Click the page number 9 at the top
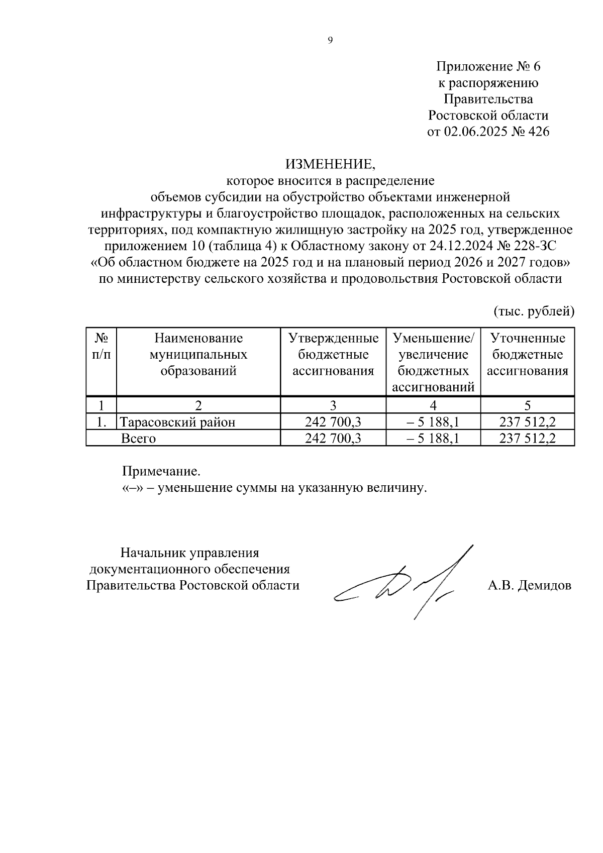pos(330,41)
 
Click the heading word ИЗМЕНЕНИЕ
pos(330,164)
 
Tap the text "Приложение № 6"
pos(488,66)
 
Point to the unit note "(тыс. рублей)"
pos(534,311)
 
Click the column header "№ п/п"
pos(101,346)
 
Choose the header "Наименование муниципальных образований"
pos(198,355)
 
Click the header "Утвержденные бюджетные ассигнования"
pos(333,355)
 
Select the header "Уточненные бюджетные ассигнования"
pos(528,355)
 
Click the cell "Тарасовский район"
pos(178,422)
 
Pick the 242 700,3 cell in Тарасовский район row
pos(333,422)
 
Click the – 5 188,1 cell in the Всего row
pos(433,439)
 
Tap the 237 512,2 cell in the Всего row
pos(528,439)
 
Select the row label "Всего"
pos(139,439)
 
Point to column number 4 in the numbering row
pos(433,405)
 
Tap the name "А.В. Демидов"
pos(529,585)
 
